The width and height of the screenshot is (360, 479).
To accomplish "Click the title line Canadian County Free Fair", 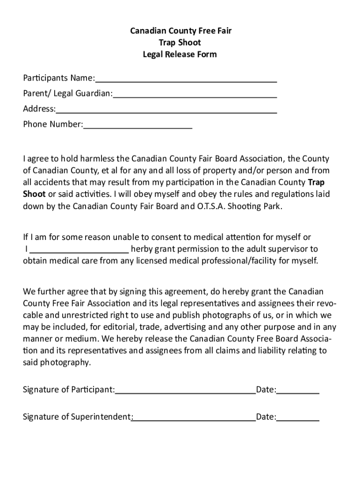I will coord(180,31).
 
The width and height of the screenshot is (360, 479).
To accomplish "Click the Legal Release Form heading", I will coord(180,54).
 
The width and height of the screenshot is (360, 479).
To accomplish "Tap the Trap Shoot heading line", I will coord(180,43).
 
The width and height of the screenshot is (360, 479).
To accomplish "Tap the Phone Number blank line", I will coord(137,125).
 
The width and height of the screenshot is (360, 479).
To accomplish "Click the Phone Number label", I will coord(53,125).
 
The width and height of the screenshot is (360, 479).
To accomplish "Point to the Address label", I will coord(39,109).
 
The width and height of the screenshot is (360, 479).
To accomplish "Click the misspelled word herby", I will coord(141,249).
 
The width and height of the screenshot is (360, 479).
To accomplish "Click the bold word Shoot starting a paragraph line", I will coord(34,194).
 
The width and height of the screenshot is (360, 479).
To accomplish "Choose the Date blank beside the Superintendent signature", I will coord(298,417).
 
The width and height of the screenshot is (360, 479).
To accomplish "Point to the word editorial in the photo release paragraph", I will coord(117,327).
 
